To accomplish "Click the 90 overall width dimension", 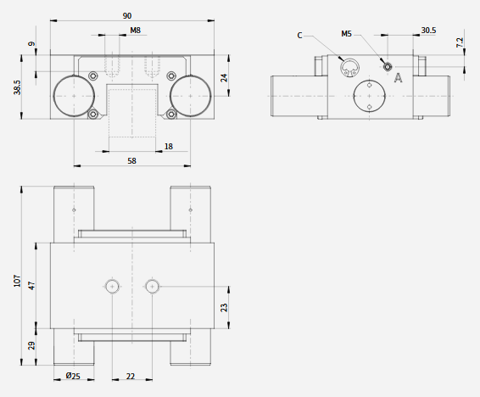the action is click(x=127, y=15).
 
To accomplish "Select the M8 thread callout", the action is click(x=136, y=31).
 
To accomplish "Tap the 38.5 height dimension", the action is click(x=17, y=87).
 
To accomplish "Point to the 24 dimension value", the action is click(x=225, y=78).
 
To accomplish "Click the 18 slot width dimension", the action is click(x=169, y=147).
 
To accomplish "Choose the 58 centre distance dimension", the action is click(x=131, y=161).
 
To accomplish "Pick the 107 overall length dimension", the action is click(x=17, y=281).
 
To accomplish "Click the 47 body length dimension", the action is click(x=32, y=286).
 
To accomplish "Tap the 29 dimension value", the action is click(x=32, y=346).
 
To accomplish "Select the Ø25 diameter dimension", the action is click(x=73, y=376).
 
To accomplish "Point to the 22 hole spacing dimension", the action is click(x=131, y=376).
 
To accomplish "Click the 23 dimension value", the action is click(x=225, y=308).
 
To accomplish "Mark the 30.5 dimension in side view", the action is click(x=428, y=31).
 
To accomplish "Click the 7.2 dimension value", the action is click(x=460, y=42).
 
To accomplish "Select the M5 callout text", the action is click(x=347, y=34).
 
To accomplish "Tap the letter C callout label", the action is click(x=299, y=36).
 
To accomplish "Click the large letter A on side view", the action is click(x=398, y=78).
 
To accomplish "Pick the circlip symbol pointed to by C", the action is click(x=350, y=62).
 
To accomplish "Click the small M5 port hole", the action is click(x=388, y=66).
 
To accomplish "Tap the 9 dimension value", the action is click(x=32, y=44).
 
